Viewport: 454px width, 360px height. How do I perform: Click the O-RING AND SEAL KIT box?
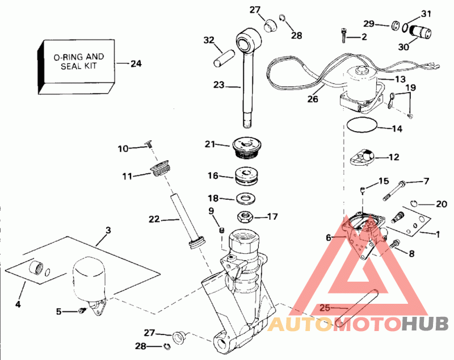coord(78,64)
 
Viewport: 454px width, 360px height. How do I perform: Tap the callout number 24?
coord(136,64)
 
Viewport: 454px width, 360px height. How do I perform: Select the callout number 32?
coord(209,40)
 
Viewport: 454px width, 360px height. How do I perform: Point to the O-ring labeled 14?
coord(361,126)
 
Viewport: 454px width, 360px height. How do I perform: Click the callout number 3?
coord(108,231)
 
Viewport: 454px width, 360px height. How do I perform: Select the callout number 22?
coord(154,219)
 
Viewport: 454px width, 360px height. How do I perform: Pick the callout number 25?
coord(324,308)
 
